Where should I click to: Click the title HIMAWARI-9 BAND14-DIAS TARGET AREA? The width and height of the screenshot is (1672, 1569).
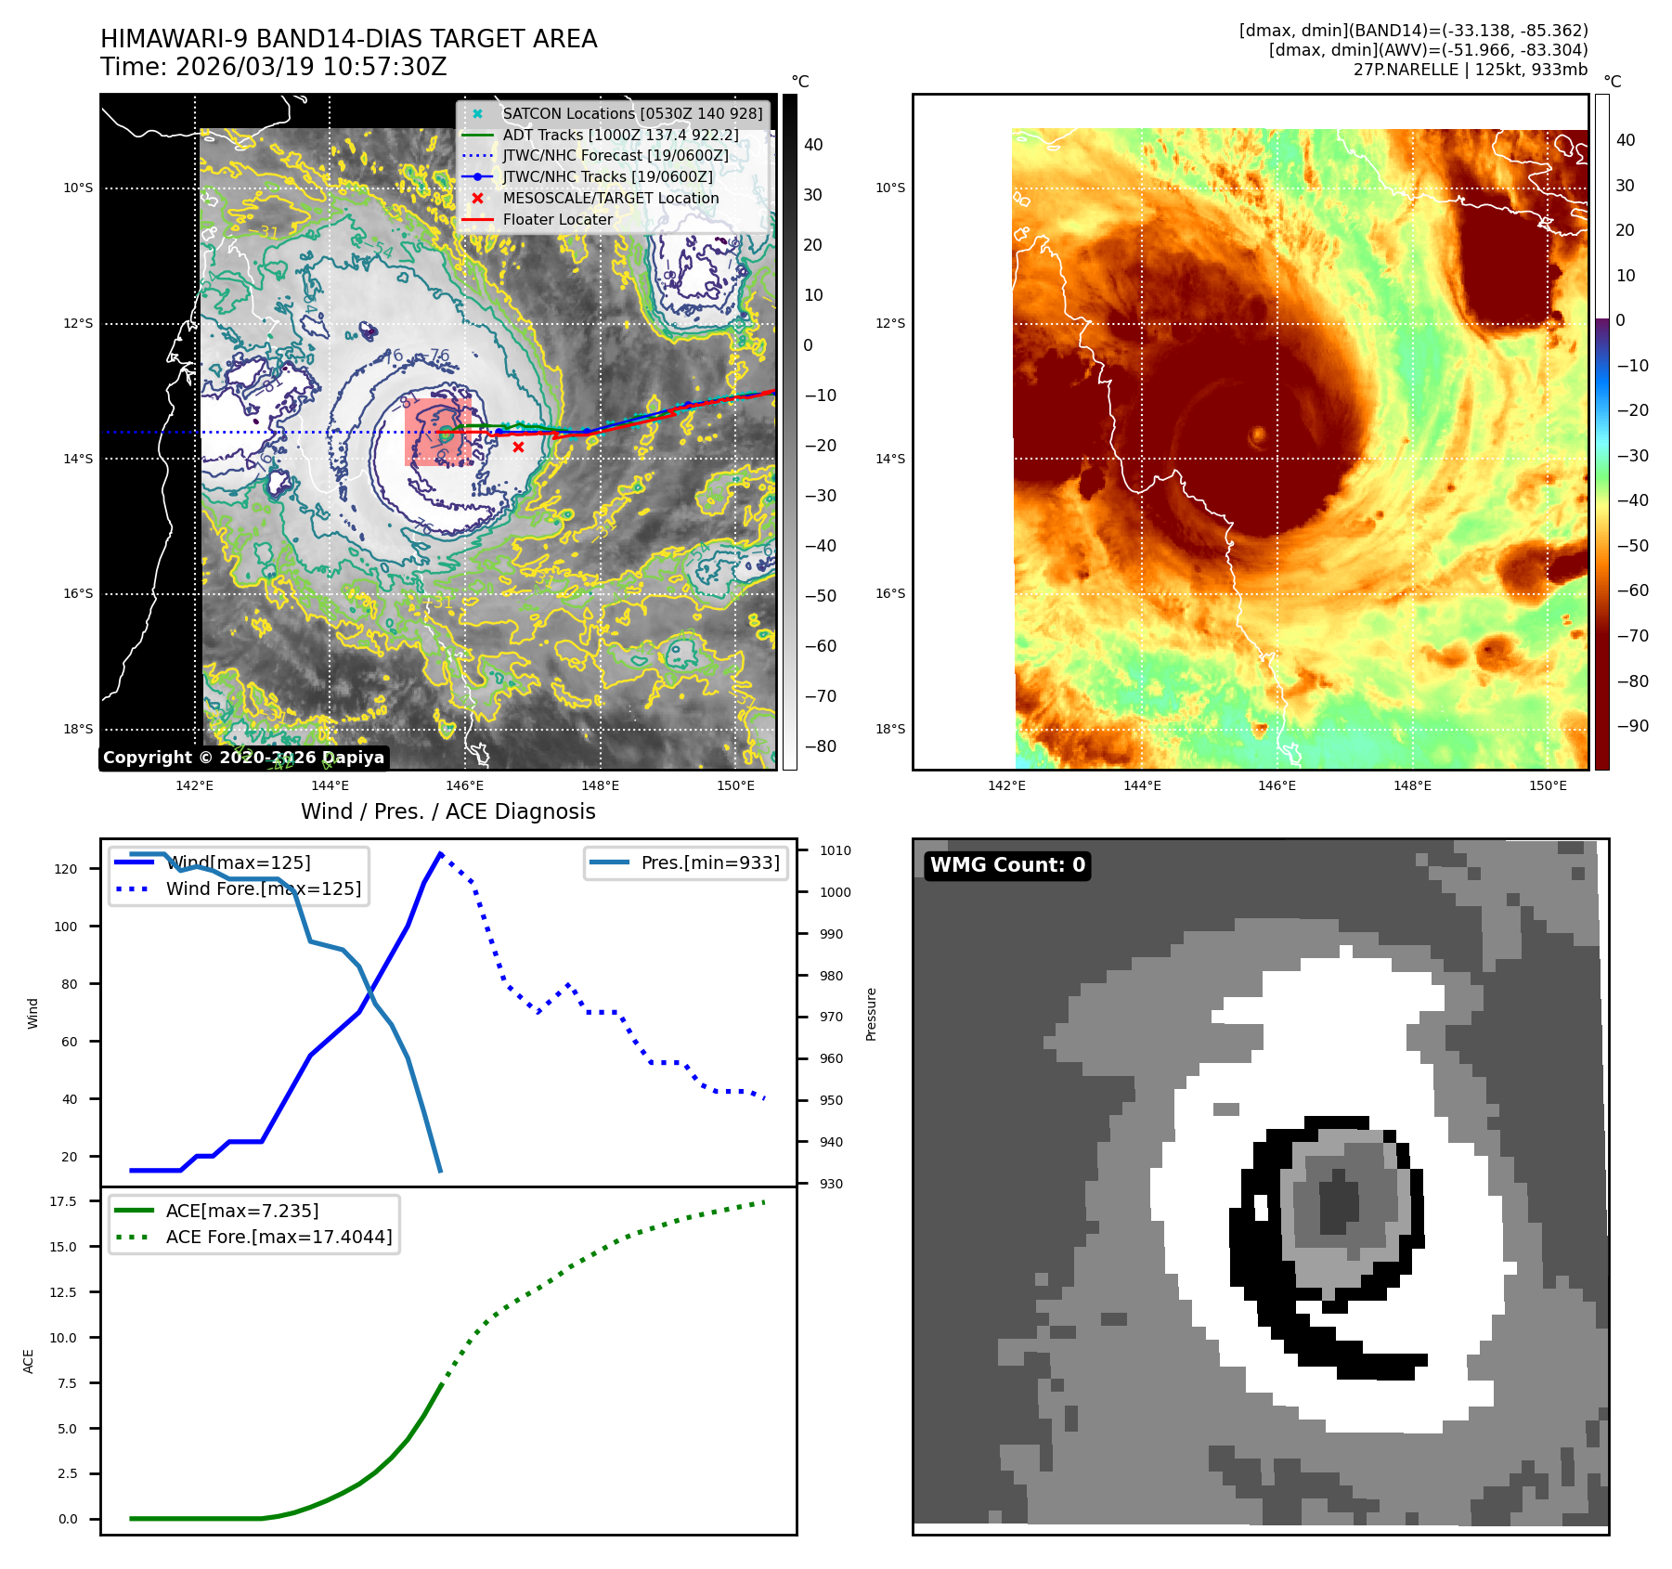coord(348,39)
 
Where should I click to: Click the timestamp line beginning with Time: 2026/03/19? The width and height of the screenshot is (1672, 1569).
coord(274,67)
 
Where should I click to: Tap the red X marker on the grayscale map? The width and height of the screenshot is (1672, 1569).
coord(518,447)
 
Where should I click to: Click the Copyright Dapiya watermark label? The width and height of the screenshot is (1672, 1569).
coord(243,758)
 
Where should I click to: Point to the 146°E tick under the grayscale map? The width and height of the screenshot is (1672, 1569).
coord(464,785)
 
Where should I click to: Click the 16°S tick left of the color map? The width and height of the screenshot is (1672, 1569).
coord(889,593)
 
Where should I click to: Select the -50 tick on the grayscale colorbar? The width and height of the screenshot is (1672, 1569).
coord(820,596)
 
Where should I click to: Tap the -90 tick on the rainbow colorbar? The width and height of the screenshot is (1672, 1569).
coord(1632,726)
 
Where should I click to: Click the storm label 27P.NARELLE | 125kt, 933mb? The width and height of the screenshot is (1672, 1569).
coord(1470,70)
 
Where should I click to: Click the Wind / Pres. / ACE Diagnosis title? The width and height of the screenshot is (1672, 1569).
coord(447,811)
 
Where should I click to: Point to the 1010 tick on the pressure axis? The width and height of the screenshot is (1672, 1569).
coord(835,850)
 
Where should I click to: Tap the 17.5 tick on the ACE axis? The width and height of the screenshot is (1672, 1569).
coord(63,1201)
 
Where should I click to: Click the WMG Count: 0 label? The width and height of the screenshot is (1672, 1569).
coord(1007,865)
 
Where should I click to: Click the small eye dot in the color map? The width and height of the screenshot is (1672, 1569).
coord(1259,434)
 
